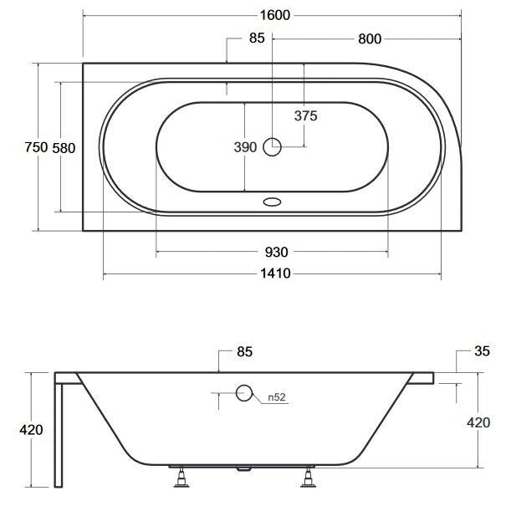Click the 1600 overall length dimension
[275, 15]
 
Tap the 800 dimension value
[370, 39]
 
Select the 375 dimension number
[305, 115]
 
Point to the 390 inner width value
[245, 147]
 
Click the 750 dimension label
[36, 147]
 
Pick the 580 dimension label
[64, 148]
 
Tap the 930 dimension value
[276, 252]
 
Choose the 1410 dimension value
[275, 273]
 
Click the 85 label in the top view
[257, 38]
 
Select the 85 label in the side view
[244, 352]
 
